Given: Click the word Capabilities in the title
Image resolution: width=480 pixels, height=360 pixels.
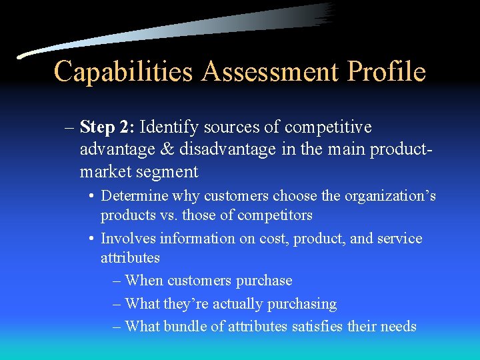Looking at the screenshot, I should click(x=125, y=71).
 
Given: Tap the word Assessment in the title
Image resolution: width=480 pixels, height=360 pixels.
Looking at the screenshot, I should click(x=269, y=71).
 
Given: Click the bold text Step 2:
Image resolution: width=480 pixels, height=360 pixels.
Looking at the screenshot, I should click(x=107, y=127).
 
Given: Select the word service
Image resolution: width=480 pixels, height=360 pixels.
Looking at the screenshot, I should click(x=399, y=238).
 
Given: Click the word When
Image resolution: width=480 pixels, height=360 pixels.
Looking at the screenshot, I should click(x=144, y=281).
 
